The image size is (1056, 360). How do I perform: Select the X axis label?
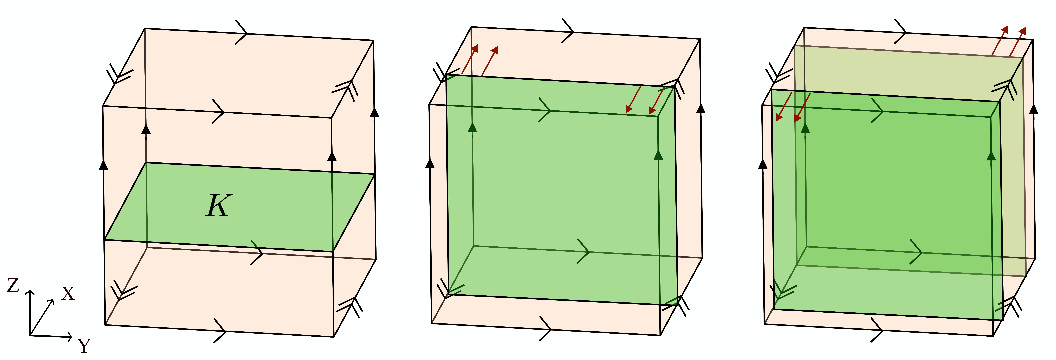(x=68, y=294)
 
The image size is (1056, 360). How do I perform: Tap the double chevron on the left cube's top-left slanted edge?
(x=119, y=75)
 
